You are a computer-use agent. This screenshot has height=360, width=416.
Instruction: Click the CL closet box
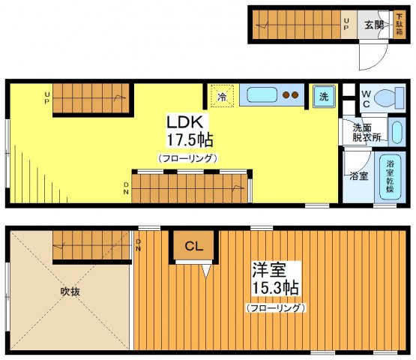(193, 245)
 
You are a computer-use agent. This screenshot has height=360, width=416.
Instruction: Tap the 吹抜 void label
(71, 291)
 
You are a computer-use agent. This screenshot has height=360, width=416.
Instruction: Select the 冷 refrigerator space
(222, 96)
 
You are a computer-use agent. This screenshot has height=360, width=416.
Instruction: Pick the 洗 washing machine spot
(323, 96)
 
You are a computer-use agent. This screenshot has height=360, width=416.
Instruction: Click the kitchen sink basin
(263, 96)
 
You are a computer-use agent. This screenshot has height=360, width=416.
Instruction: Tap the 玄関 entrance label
(374, 24)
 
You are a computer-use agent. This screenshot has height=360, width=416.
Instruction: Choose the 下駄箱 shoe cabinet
(400, 25)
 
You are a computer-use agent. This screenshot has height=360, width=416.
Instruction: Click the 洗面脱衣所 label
(367, 133)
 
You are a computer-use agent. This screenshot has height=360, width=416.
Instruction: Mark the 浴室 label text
(358, 177)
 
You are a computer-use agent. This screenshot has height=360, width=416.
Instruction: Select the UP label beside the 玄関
(346, 25)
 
